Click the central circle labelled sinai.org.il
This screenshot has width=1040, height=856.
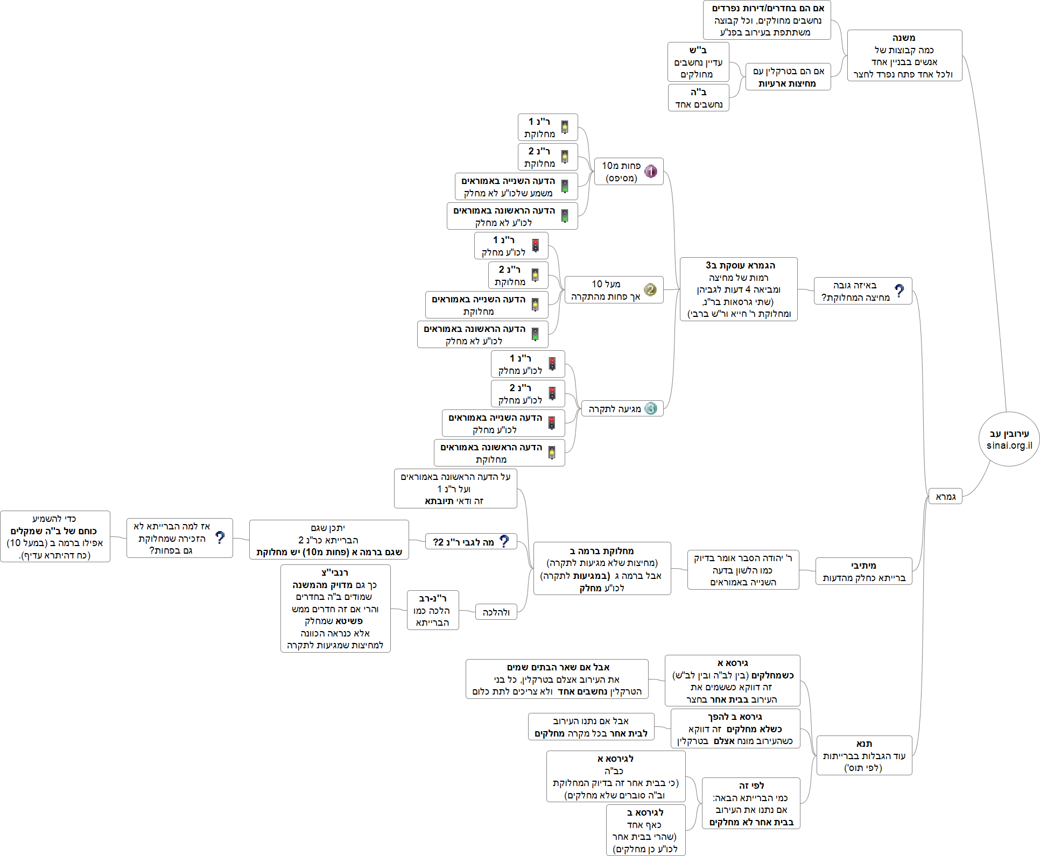pyautogui.click(x=1009, y=439)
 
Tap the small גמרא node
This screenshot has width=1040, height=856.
pyautogui.click(x=945, y=497)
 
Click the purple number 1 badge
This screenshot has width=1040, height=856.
pyautogui.click(x=651, y=171)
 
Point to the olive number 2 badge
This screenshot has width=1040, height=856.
pyautogui.click(x=650, y=290)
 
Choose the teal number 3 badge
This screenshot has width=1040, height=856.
pyautogui.click(x=651, y=408)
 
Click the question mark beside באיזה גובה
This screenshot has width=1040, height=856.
pyautogui.click(x=899, y=291)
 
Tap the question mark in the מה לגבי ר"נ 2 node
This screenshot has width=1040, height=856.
pyautogui.click(x=504, y=541)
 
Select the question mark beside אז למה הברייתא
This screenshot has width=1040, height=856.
pyautogui.click(x=220, y=537)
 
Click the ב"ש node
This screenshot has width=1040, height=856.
pyautogui.click(x=698, y=62)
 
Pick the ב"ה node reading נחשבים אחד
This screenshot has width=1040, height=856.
pyautogui.click(x=698, y=98)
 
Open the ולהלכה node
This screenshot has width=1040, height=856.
pyautogui.click(x=496, y=612)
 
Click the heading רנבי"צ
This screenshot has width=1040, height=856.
pyautogui.click(x=335, y=572)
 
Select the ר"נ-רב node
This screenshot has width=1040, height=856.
pyautogui.click(x=432, y=610)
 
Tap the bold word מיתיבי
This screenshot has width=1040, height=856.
pyautogui.click(x=863, y=565)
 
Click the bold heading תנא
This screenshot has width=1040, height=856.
pyautogui.click(x=864, y=744)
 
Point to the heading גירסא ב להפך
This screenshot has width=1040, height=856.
pyautogui.click(x=735, y=717)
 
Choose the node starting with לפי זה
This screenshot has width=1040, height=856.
pyautogui.click(x=751, y=786)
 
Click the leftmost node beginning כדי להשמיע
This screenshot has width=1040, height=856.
pyautogui.click(x=55, y=536)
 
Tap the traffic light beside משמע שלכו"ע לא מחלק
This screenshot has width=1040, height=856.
pyautogui.click(x=565, y=186)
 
